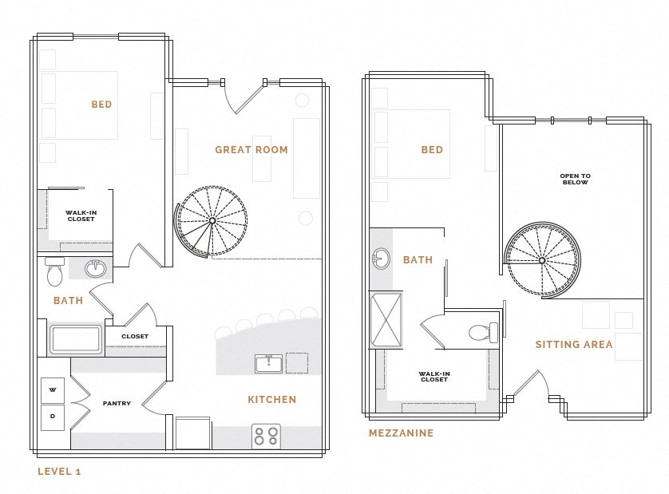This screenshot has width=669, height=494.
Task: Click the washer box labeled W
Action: [53, 390]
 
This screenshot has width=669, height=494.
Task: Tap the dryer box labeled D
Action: [53, 417]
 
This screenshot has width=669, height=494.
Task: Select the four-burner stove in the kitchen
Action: [266, 436]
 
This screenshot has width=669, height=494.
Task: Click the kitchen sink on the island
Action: [268, 364]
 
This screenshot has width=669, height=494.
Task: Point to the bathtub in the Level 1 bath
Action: [76, 339]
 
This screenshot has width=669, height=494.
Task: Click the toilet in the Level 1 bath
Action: [55, 273]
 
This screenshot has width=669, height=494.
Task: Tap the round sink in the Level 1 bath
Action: [95, 268]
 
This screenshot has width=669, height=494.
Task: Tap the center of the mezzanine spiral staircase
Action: [542, 260]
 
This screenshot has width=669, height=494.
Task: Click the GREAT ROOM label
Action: [251, 149]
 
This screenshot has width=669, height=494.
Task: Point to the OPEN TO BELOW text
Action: [575, 179]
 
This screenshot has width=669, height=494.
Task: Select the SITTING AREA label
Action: [574, 345]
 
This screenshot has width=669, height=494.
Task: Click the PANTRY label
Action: [117, 404]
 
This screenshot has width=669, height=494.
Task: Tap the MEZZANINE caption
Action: [401, 433]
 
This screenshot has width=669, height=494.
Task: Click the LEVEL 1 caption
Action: [59, 472]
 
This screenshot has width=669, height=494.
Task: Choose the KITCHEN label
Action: [271, 399]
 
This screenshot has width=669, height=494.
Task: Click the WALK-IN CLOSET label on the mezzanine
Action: [435, 376]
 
